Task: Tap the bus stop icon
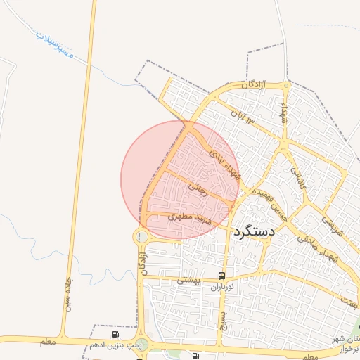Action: (222, 276)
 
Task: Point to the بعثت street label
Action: (349, 300)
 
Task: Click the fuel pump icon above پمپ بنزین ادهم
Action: (115, 334)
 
